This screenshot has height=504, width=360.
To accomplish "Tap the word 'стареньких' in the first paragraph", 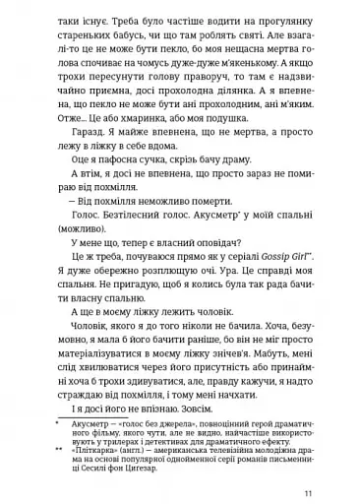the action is [x=74, y=31].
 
